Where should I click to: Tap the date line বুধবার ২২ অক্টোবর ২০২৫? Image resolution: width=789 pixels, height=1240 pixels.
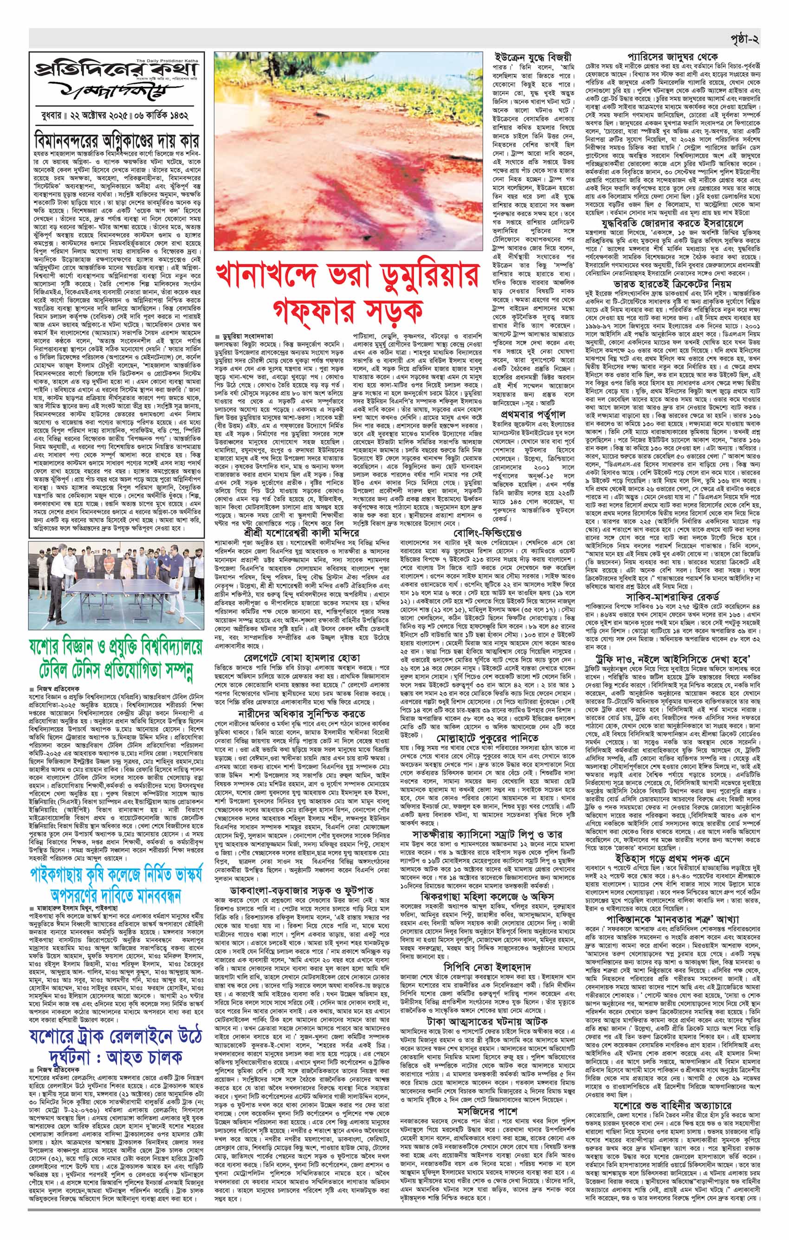click(96, 113)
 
